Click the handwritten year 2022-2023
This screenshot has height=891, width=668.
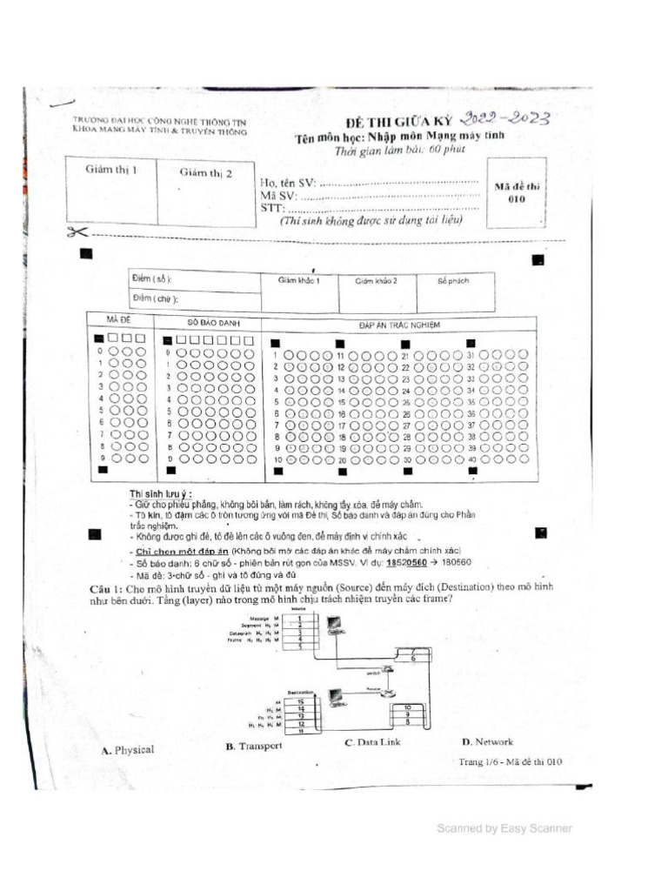click(508, 120)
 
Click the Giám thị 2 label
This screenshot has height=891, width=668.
click(206, 172)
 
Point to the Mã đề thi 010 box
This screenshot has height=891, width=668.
click(517, 192)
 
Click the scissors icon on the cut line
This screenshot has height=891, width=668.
click(77, 231)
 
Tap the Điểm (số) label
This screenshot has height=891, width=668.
click(151, 278)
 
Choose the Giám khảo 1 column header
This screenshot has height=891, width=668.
click(299, 281)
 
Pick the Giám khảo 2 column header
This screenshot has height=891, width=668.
click(376, 281)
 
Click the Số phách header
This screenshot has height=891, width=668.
click(452, 281)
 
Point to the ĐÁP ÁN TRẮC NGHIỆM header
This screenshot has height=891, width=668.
click(399, 325)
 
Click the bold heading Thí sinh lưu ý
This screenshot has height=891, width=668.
click(161, 494)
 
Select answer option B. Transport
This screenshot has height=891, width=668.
click(254, 747)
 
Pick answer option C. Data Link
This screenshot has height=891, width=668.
click(372, 743)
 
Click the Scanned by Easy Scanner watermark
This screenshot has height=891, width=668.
click(504, 829)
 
